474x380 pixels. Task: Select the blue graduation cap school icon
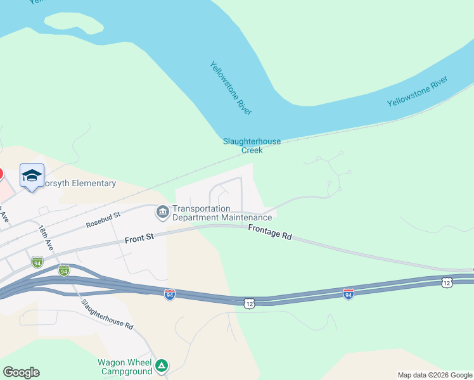pyautogui.click(x=32, y=175)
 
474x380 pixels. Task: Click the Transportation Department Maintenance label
pyautogui.click(x=222, y=213)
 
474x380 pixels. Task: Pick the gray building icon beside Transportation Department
pyautogui.click(x=162, y=212)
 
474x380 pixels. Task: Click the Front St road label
pyautogui.click(x=139, y=238)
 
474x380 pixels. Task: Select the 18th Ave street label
pyautogui.click(x=46, y=239)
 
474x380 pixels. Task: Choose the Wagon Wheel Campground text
pyautogui.click(x=124, y=367)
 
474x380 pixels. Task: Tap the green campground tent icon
pyautogui.click(x=162, y=365)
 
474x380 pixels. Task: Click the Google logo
pyautogui.click(x=21, y=372)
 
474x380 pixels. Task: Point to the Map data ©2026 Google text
pyautogui.click(x=435, y=375)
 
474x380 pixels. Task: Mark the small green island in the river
pyautogui.click(x=79, y=24)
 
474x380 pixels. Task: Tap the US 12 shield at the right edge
pyautogui.click(x=447, y=282)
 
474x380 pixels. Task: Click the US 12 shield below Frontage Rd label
pyautogui.click(x=250, y=303)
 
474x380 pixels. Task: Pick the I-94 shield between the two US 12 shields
pyautogui.click(x=348, y=294)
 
